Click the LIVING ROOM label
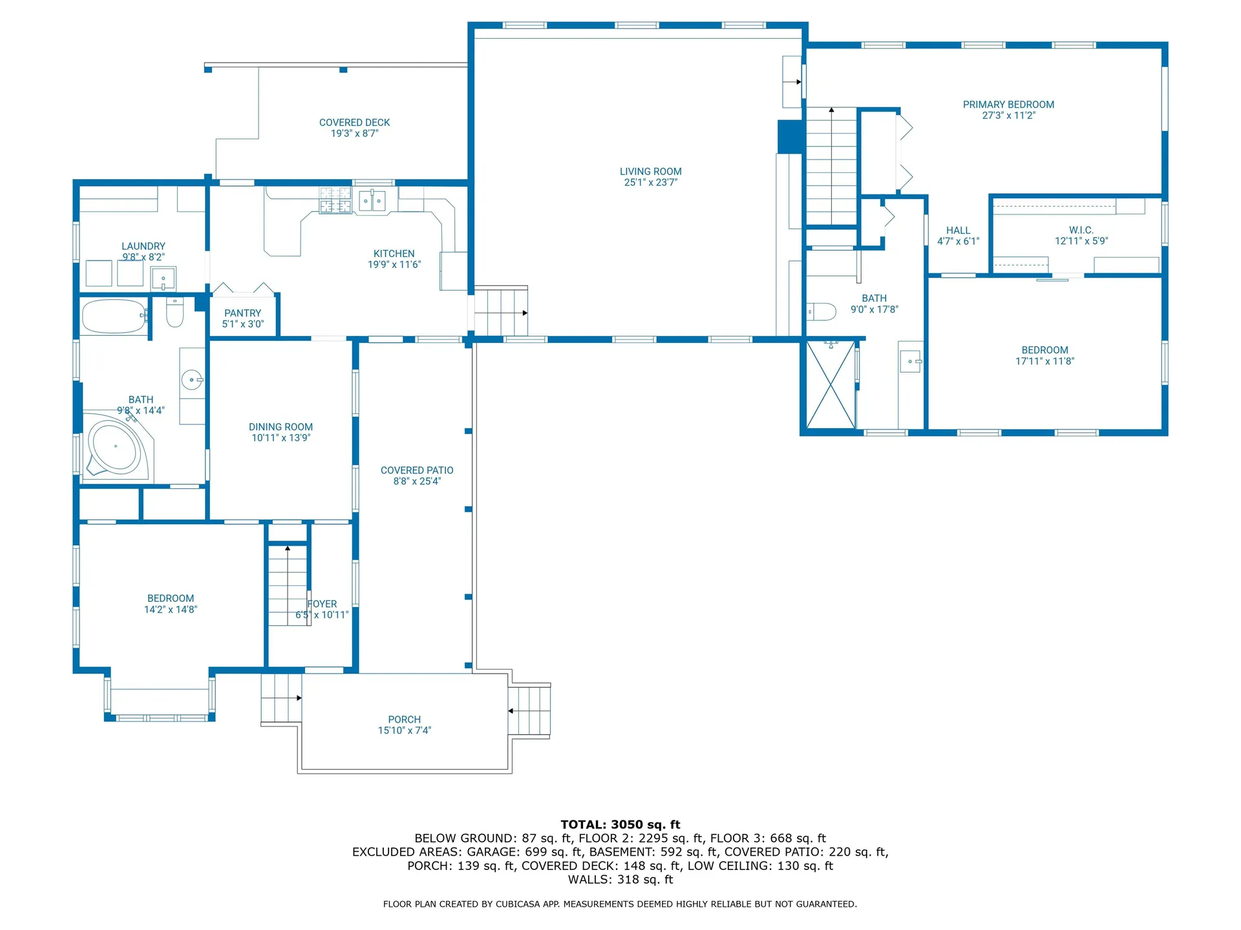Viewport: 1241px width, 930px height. pos(650,172)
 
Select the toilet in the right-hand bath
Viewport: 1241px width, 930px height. pos(822,312)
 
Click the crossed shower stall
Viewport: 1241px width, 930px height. pos(831,385)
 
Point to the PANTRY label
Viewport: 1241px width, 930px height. pos(242,313)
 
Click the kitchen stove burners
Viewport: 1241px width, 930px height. pos(335,200)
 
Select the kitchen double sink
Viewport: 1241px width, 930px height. pos(372,201)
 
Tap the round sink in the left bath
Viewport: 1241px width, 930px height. pos(192,380)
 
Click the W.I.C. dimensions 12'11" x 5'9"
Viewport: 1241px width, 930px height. pos(1081,241)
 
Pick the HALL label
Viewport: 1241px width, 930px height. pos(958,231)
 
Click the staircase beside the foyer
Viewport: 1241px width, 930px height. pos(288,586)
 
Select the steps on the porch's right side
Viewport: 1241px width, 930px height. pos(529,710)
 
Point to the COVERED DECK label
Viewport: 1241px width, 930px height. pos(354,123)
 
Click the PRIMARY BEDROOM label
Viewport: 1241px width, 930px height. pos(1008,105)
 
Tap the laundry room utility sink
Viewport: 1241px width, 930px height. pos(163,279)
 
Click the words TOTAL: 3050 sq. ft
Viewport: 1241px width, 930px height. pos(620,825)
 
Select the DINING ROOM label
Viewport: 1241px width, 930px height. pos(281,427)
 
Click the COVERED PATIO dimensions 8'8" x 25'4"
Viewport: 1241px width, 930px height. pos(417,481)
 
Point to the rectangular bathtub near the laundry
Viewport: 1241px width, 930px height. pos(114,316)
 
